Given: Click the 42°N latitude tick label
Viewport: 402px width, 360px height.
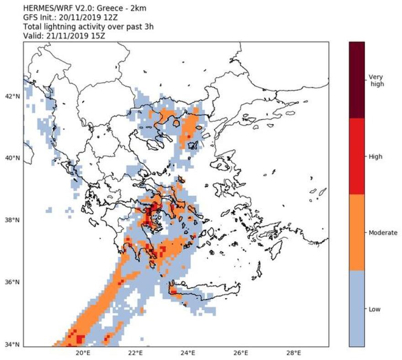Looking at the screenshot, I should click(12, 96).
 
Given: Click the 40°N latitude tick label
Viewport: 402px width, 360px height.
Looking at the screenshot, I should click(12, 158).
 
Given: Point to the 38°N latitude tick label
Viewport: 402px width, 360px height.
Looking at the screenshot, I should click(12, 220).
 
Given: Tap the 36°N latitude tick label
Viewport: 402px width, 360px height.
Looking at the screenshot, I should click(12, 282).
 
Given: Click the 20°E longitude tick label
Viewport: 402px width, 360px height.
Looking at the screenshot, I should click(82, 353).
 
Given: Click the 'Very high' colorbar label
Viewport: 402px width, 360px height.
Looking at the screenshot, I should click(376, 80).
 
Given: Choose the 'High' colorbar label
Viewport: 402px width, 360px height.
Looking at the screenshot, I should click(375, 157).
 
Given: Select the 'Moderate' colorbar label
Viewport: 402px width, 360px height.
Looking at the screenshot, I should click(382, 233).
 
